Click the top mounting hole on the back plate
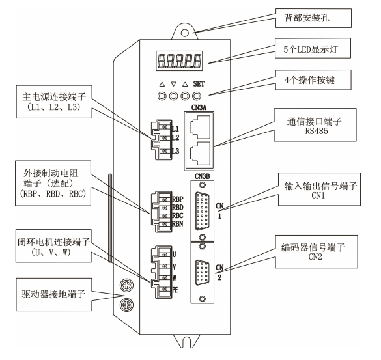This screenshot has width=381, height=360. (x=186, y=31)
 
